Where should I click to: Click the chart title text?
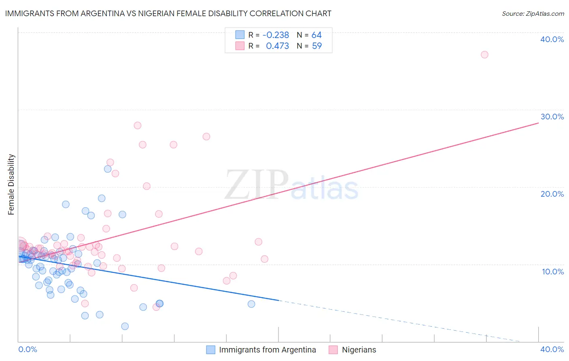(168, 13)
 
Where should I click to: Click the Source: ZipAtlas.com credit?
(533, 13)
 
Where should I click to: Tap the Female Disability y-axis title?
(11, 184)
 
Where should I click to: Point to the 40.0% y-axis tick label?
(552, 39)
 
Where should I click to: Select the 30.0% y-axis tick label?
(552, 117)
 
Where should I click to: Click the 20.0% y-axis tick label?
(552, 194)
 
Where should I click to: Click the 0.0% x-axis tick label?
(28, 349)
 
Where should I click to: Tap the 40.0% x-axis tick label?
(552, 349)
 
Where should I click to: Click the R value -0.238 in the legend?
(276, 35)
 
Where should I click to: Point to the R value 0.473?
(277, 46)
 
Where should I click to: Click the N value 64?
(316, 35)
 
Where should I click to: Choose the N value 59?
(316, 46)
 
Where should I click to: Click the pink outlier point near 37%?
(484, 55)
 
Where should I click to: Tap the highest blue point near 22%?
(108, 169)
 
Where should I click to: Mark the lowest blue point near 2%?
(125, 326)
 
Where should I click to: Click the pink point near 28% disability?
(138, 125)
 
